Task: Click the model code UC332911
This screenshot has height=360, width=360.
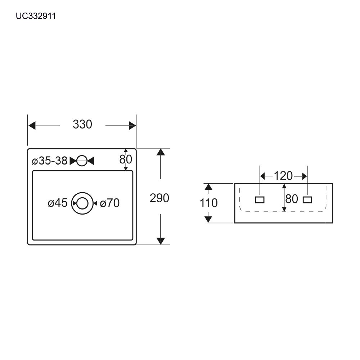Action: pos(36,16)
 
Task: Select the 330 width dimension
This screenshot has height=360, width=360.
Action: pos(82,125)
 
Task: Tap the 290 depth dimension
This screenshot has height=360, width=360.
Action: pos(159,198)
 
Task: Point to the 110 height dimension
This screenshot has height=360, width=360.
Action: pos(208,203)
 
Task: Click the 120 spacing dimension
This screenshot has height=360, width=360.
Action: pos(283,176)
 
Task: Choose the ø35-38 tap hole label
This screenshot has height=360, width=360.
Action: pos(50,161)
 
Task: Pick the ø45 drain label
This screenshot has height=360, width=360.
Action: pos(58,203)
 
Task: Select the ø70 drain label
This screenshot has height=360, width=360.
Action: pos(110,203)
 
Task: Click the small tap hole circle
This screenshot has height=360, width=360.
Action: pos(82,161)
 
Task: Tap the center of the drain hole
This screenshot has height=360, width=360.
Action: pos(82,203)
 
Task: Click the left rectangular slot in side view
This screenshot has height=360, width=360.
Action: pos(260,200)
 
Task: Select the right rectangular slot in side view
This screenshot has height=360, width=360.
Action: pos(307,200)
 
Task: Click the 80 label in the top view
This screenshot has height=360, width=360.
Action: pos(126,159)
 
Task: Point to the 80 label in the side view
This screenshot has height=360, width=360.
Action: pos(292,199)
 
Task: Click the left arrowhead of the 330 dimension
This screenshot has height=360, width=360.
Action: pos(32,126)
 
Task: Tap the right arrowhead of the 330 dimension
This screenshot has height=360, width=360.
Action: pos(132,126)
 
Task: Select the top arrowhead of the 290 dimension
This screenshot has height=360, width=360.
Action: pos(161,152)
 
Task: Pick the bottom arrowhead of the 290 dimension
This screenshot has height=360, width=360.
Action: pos(161,241)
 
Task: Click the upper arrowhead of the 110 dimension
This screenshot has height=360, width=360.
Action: pos(208,187)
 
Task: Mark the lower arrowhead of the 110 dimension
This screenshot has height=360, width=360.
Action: pos(208,219)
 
